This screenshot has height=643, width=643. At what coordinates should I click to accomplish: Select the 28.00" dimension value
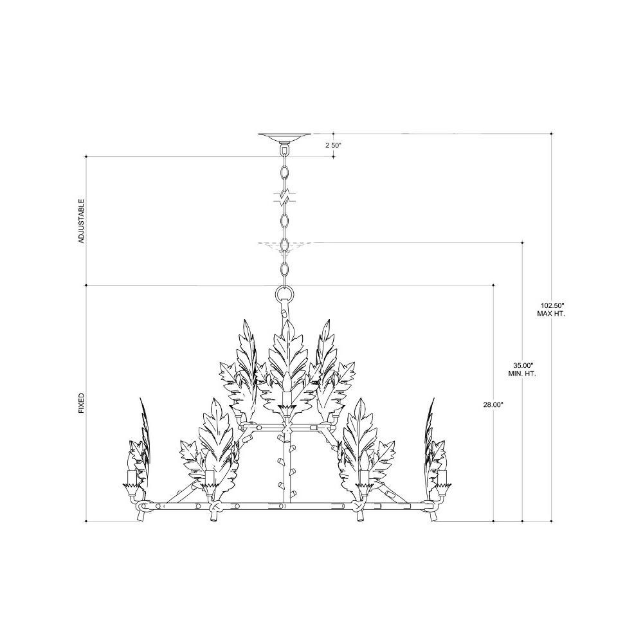pyautogui.click(x=493, y=404)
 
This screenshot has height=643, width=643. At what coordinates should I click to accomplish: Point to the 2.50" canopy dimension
pyautogui.click(x=333, y=145)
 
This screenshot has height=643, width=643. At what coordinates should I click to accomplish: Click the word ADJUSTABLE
pyautogui.click(x=81, y=221)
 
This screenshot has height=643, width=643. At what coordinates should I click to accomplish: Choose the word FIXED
pyautogui.click(x=81, y=403)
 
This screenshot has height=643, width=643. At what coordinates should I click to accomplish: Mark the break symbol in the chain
pyautogui.click(x=284, y=197)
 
